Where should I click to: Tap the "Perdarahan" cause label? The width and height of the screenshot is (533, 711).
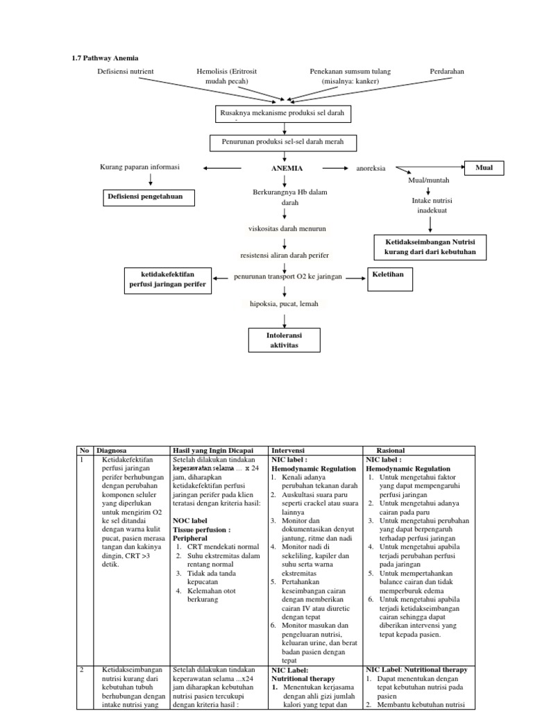pyautogui.click(x=447, y=72)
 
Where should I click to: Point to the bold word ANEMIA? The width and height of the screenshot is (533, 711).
pyautogui.click(x=286, y=168)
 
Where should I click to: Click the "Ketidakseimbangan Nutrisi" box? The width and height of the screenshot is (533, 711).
pyautogui.click(x=430, y=246)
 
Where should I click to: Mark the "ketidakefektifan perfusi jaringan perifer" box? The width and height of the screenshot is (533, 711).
pyautogui.click(x=167, y=280)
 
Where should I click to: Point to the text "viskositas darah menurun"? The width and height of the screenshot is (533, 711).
pyautogui.click(x=287, y=228)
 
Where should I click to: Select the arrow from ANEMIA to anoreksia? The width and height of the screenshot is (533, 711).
pyautogui.click(x=335, y=168)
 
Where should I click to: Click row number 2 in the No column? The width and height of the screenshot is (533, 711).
pyautogui.click(x=82, y=669)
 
